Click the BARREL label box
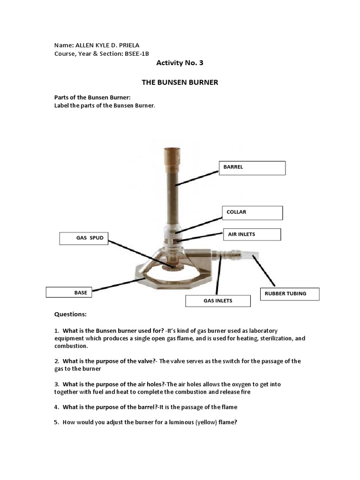pyautogui.click(x=252, y=167)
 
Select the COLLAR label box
pyautogui.click(x=253, y=212)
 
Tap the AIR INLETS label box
pyautogui.click(x=251, y=234)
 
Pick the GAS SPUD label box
pyautogui.click(x=83, y=238)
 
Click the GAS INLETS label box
pyautogui.click(x=217, y=300)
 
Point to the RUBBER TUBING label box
pyautogui.click(x=289, y=294)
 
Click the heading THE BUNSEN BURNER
pyautogui.click(x=180, y=82)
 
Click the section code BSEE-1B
pyautogui.click(x=136, y=54)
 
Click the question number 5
pyautogui.click(x=56, y=422)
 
